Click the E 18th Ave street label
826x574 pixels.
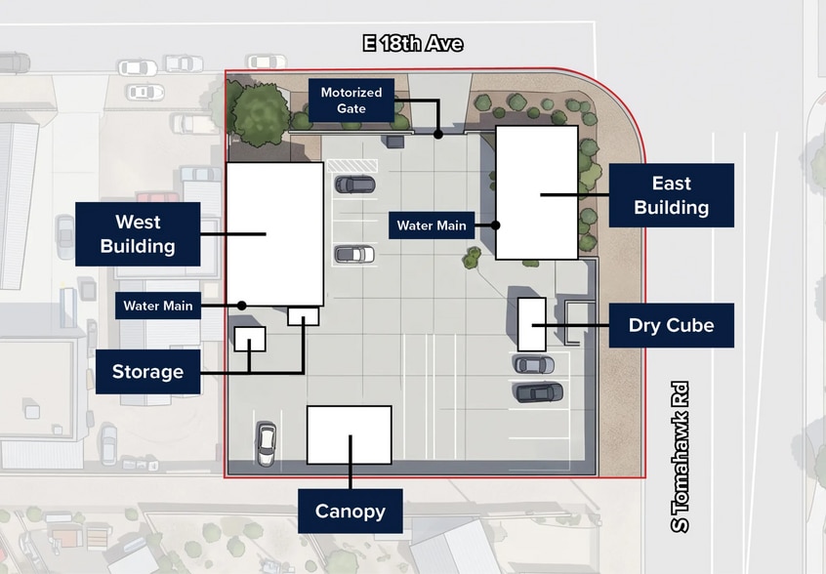tap(413, 43)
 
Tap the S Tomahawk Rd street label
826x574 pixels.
tap(681, 457)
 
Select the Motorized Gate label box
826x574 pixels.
tap(351, 100)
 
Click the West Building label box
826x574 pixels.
tap(138, 234)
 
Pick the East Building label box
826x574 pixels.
tap(671, 195)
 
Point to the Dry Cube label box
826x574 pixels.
tap(671, 325)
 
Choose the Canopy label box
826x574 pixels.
tap(351, 511)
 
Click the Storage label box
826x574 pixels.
tap(147, 371)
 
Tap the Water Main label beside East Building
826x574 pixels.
tap(432, 225)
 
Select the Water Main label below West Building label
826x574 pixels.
tap(158, 306)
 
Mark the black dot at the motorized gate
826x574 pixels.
tap(438, 135)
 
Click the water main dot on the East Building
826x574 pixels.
tap(496, 225)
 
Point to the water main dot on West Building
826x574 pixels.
tap(242, 306)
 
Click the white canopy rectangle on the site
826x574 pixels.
tap(350, 435)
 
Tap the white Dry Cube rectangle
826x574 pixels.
tap(531, 324)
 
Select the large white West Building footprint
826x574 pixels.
tap(275, 234)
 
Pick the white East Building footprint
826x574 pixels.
tap(537, 192)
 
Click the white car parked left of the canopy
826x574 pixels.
tap(266, 443)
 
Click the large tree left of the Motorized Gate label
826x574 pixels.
tap(261, 115)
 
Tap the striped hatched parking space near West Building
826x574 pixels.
tap(351, 166)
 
